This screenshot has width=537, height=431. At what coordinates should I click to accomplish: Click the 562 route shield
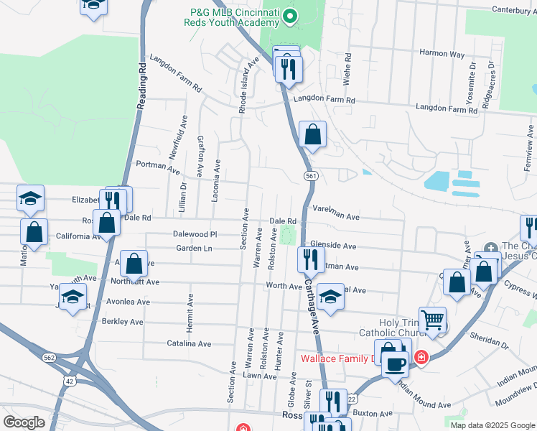coord(49,357)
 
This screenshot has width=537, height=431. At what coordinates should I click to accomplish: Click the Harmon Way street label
coord(442,54)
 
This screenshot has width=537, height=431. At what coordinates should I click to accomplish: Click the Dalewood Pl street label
coord(195,234)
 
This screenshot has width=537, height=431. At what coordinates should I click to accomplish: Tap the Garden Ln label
coord(195,249)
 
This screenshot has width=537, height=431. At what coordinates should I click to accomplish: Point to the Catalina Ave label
coord(189,344)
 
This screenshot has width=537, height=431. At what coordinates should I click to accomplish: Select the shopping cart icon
coord(432,320)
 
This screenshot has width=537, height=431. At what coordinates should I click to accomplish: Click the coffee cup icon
coord(394,363)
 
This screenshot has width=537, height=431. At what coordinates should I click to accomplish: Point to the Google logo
coord(24,422)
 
